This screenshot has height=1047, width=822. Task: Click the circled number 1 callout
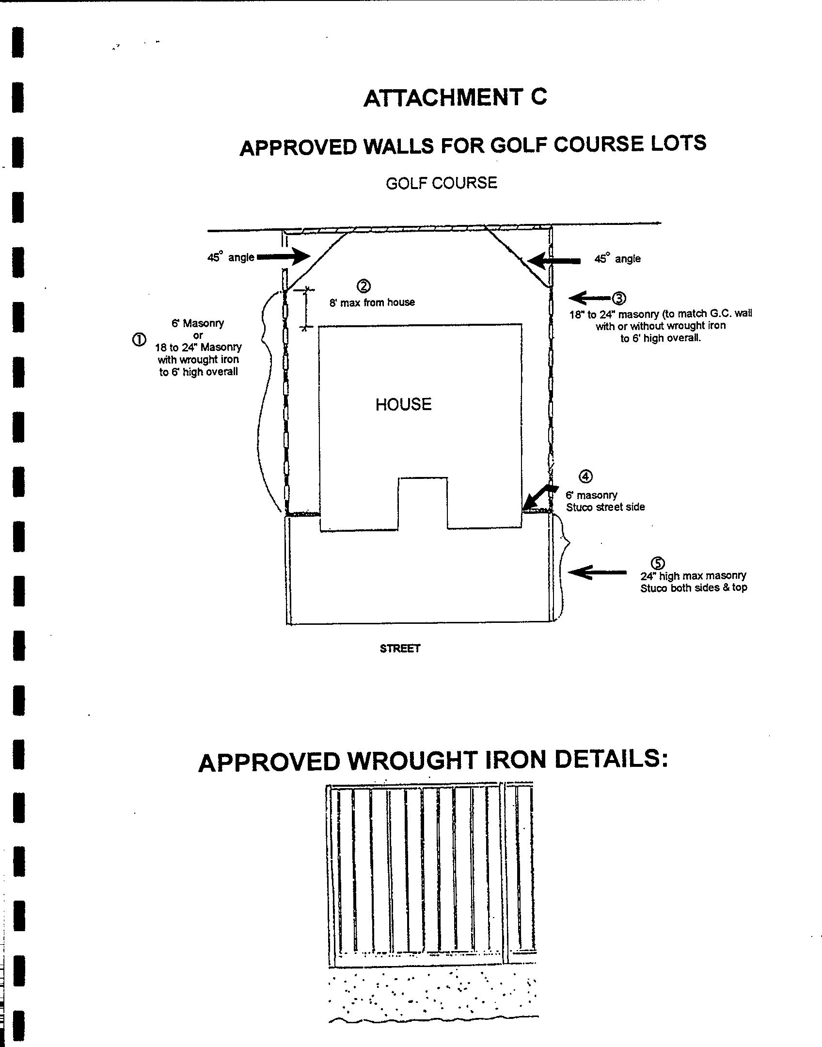tap(138, 340)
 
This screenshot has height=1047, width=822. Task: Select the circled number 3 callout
tap(619, 298)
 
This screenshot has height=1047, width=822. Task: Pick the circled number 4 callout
tap(586, 476)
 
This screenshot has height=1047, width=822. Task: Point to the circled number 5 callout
tap(657, 563)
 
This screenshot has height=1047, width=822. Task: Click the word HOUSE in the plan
tap(403, 404)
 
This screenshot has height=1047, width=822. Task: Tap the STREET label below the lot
tap(400, 648)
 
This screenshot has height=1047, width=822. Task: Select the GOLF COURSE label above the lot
tap(442, 183)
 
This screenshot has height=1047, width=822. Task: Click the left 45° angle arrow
tap(284, 256)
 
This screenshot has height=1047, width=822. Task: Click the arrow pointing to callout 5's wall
tap(596, 572)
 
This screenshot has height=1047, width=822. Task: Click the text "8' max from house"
tap(372, 302)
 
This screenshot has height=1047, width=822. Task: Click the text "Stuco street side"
tap(605, 507)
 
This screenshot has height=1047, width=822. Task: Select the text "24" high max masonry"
tap(693, 576)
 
